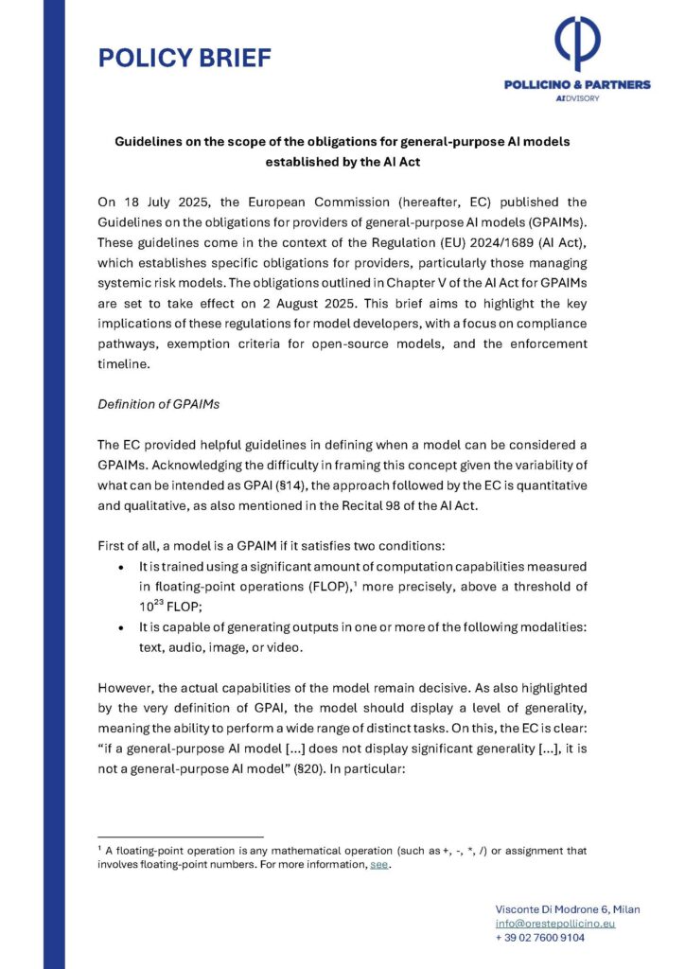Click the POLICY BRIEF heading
click(x=184, y=58)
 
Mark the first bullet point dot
click(x=117, y=566)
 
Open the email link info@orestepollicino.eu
click(x=554, y=923)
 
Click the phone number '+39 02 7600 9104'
click(x=539, y=937)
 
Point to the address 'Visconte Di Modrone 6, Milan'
click(x=567, y=908)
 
